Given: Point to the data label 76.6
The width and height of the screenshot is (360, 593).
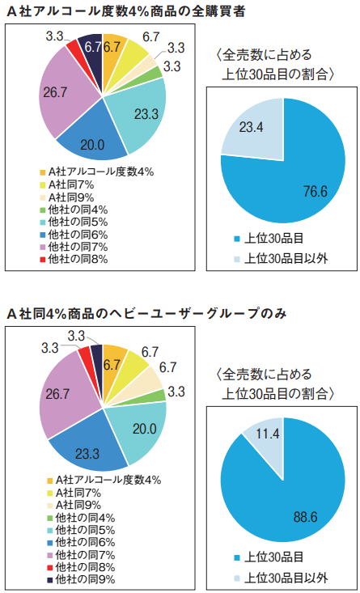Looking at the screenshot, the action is pyautogui.click(x=315, y=193).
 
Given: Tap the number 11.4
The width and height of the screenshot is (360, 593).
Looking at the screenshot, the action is pyautogui.click(x=268, y=434).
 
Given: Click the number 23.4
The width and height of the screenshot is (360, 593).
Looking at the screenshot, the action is pyautogui.click(x=251, y=128).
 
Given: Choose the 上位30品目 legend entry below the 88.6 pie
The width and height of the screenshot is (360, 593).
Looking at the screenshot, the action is pyautogui.click(x=268, y=557).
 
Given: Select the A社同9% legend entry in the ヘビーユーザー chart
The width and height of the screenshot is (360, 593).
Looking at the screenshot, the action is pyautogui.click(x=74, y=505).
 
